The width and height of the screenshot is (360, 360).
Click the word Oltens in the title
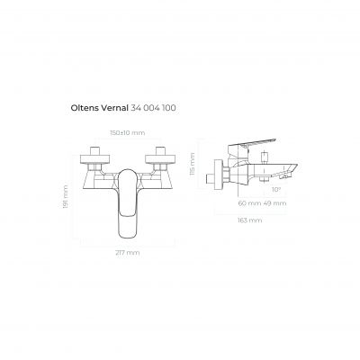point(85,108)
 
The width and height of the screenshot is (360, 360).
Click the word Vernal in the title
point(114,108)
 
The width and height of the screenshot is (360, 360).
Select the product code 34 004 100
point(153,108)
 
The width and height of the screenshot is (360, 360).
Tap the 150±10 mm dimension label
point(127,132)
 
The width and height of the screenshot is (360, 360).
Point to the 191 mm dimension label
point(66,196)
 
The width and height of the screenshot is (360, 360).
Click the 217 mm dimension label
point(128,253)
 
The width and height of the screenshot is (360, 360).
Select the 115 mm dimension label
point(193,164)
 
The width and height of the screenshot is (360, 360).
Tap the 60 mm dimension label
point(249,203)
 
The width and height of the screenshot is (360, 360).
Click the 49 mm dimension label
point(274,203)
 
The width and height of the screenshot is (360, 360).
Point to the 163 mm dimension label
point(250,220)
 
